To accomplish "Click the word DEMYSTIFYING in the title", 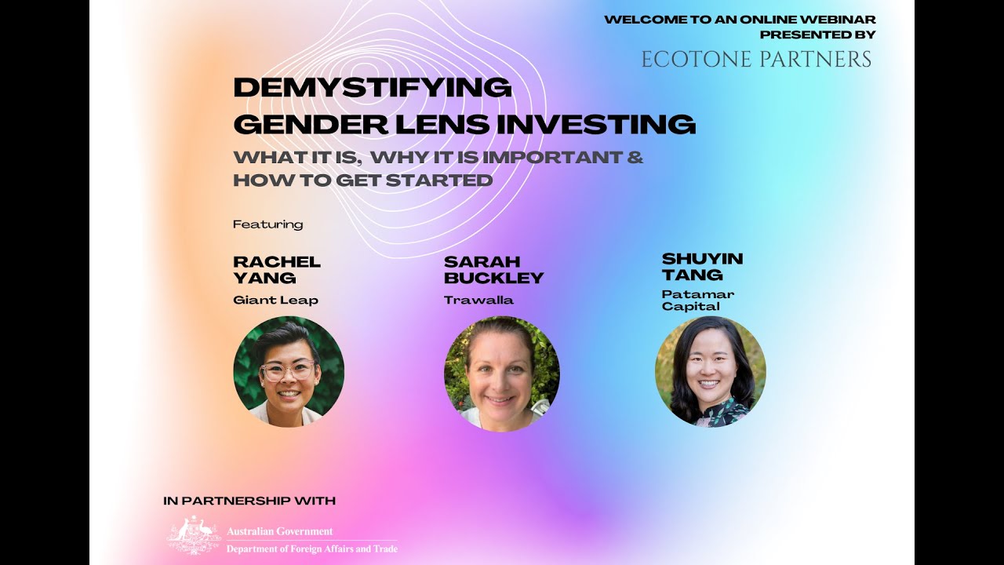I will (373, 87).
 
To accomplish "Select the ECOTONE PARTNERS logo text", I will (756, 60).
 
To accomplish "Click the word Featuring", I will (267, 224).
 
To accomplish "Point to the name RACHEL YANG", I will (277, 269).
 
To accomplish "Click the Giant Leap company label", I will (275, 300).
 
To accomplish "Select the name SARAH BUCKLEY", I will (493, 269).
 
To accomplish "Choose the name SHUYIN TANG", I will (702, 266).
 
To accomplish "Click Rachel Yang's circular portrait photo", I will (289, 371).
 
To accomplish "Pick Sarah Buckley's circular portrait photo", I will (501, 374).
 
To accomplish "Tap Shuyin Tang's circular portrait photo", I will (710, 372).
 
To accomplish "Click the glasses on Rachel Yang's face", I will (287, 370).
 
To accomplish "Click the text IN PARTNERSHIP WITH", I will (249, 501).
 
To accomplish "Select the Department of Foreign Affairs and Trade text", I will (311, 549).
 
